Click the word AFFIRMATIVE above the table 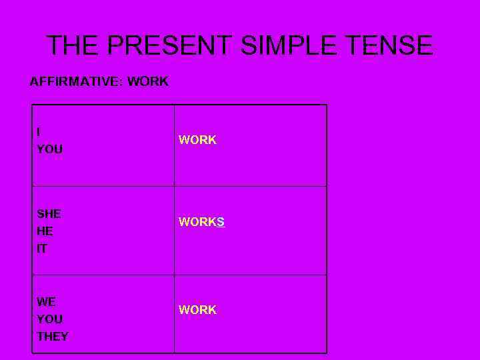tap(75, 82)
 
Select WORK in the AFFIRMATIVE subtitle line tap(148, 82)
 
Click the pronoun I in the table tap(39, 132)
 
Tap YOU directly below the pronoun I tap(50, 149)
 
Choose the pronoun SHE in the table tap(49, 214)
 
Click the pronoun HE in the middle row tap(45, 231)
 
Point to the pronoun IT tap(42, 249)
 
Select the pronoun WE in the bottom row tap(47, 301)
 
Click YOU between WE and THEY tap(50, 319)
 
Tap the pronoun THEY tap(53, 336)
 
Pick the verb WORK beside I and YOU tap(197, 140)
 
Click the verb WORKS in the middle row tap(201, 223)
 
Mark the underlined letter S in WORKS tap(221, 223)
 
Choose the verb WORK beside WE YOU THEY tap(197, 310)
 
